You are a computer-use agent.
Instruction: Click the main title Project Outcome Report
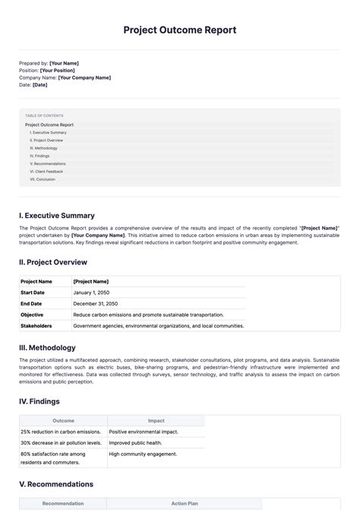(x=180, y=30)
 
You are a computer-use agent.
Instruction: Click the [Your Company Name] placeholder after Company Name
(x=84, y=78)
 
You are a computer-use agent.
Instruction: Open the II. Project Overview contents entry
(x=47, y=141)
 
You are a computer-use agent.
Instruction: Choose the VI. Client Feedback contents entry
(x=47, y=172)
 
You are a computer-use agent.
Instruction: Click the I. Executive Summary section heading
(x=57, y=216)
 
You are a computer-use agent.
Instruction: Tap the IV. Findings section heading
(x=39, y=401)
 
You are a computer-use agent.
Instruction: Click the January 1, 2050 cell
(x=92, y=292)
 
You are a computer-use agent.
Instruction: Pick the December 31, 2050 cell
(x=96, y=303)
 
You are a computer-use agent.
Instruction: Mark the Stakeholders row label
(x=36, y=325)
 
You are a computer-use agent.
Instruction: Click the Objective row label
(x=32, y=314)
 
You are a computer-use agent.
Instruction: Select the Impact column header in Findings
(x=156, y=420)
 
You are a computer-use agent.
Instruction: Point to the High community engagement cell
(x=143, y=454)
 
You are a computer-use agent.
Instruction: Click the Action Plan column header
(x=184, y=503)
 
